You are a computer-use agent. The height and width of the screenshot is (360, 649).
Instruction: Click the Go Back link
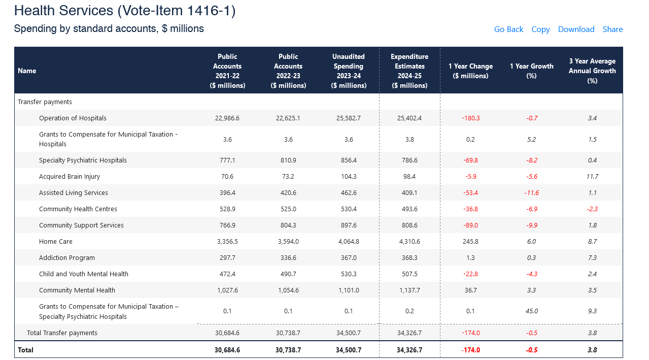[x=508, y=29]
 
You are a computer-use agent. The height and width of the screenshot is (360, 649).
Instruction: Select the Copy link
[x=540, y=29]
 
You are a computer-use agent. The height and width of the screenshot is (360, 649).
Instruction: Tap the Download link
[x=576, y=29]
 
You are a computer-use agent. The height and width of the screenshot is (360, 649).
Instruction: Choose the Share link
[x=612, y=29]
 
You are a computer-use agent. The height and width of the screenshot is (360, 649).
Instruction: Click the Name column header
[x=27, y=71]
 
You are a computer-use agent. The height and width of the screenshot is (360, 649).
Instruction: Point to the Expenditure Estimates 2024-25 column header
[x=409, y=71]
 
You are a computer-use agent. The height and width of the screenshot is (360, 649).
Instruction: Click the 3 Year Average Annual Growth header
[x=592, y=71]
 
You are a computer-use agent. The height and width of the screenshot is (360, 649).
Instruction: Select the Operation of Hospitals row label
[x=73, y=118]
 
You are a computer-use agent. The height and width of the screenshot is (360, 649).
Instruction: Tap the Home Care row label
[x=56, y=242]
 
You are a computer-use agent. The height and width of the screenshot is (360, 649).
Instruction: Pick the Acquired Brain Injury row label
[x=70, y=177]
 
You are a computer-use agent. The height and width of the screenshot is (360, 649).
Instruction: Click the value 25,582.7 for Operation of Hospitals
[x=349, y=118]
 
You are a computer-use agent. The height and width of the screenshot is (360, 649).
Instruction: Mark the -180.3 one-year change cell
[x=470, y=118]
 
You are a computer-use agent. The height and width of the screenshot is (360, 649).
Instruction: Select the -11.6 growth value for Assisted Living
[x=531, y=193]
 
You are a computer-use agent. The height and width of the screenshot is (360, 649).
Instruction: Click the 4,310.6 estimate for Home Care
[x=409, y=242]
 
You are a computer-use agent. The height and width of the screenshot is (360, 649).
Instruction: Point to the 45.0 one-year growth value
[x=532, y=311]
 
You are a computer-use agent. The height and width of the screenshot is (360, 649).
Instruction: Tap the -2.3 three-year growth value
[x=592, y=209]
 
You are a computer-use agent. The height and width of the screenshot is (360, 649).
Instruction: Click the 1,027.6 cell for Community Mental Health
[x=227, y=290]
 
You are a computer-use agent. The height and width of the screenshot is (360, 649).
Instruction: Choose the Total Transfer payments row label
[x=62, y=333]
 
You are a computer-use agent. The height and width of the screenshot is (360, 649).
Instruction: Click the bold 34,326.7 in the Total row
[x=409, y=350]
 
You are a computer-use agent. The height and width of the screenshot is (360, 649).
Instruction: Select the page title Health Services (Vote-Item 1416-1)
[x=125, y=11]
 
